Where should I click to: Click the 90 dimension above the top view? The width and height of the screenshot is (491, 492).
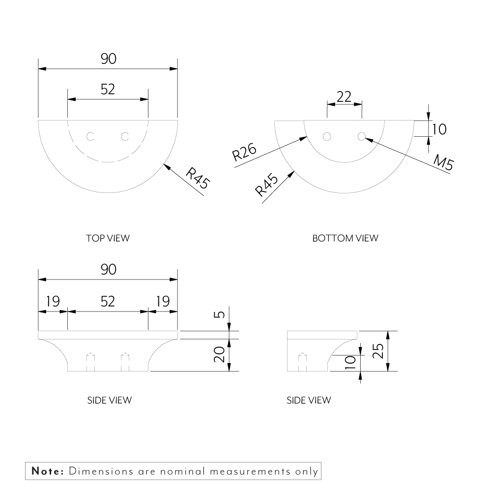coord(108,59)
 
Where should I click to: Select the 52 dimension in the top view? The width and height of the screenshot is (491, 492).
coord(108,89)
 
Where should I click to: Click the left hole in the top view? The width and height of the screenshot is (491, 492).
coord(90,136)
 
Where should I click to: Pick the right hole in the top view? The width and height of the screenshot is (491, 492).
coord(125,136)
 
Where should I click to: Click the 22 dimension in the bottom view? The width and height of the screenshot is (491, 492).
coord(344,96)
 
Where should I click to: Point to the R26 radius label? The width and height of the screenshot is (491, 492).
coord(244,153)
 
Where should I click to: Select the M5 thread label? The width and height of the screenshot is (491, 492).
coord(443,162)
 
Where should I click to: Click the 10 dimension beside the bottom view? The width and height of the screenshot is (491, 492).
coord(439,129)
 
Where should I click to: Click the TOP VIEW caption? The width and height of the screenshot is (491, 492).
coord(108,238)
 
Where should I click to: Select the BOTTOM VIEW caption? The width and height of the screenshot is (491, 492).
coord(345,238)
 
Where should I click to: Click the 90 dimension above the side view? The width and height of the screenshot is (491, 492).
coord(108,270)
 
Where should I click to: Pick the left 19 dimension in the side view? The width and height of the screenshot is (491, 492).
coord(53,301)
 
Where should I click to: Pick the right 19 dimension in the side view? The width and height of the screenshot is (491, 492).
coord(162,301)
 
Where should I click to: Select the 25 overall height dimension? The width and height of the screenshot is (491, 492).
coord(378,352)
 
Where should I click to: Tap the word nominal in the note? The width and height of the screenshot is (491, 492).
coord(182,471)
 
